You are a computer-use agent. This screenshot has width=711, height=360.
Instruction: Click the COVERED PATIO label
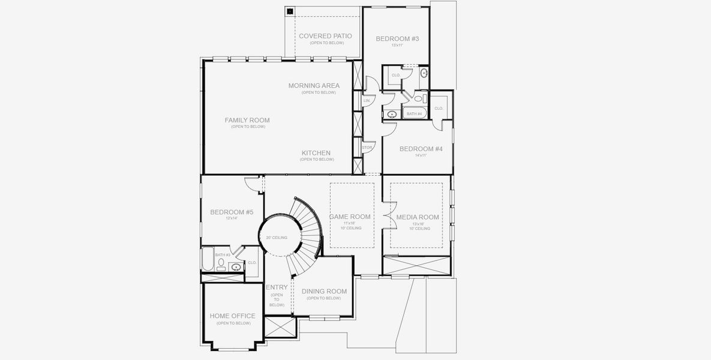325,36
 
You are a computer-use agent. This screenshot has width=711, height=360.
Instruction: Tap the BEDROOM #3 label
397,39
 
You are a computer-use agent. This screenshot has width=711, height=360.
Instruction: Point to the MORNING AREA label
314,86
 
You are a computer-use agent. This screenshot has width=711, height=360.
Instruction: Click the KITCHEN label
316,153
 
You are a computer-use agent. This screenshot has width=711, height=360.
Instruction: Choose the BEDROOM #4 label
421,149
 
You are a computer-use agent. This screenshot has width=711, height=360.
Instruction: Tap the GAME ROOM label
350,217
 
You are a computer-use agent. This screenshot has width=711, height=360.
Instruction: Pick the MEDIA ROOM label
418,217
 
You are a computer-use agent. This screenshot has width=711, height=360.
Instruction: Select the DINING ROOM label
324,292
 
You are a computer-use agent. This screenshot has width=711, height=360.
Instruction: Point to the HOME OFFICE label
232,316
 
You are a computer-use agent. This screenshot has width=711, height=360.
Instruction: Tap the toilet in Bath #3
220,264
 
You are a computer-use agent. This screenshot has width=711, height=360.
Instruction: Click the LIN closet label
367,101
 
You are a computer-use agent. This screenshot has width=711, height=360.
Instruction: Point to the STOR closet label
367,147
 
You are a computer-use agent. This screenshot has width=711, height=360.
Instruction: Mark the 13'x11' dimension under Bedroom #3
397,46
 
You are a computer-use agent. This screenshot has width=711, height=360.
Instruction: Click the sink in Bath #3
236,266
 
